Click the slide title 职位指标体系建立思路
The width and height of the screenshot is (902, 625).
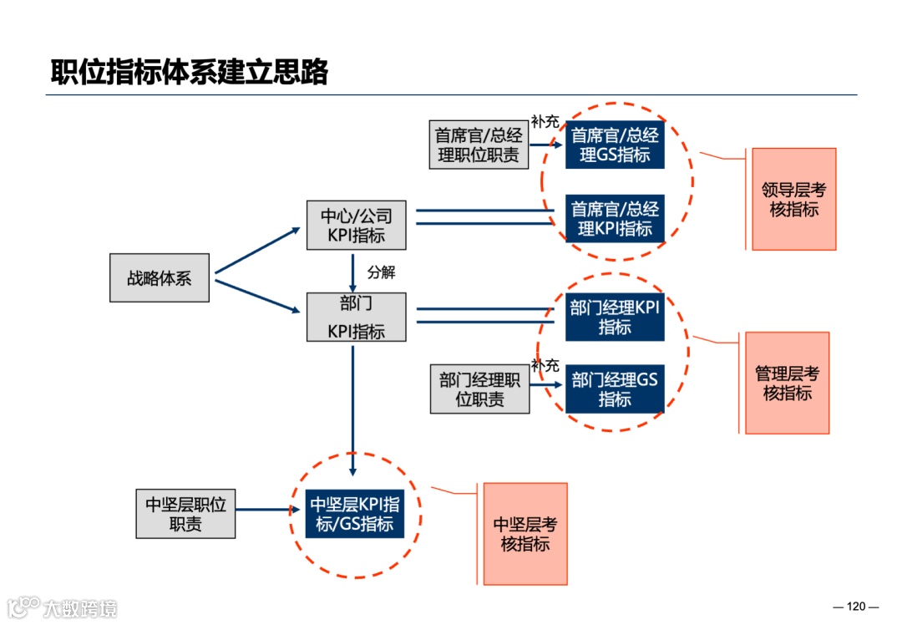[x=190, y=73]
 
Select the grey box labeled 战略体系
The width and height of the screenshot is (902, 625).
[x=160, y=277]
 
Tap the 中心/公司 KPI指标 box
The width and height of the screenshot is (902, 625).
[x=357, y=226]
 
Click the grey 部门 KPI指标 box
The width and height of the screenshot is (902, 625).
[x=357, y=317]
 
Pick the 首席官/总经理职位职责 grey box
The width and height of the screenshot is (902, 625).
[x=479, y=145]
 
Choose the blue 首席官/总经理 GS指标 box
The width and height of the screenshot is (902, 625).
[x=615, y=145]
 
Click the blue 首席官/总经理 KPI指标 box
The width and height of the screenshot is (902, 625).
[x=615, y=218]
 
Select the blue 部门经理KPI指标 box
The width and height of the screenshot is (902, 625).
[x=615, y=317]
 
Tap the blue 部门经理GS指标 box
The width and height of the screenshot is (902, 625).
[x=615, y=389]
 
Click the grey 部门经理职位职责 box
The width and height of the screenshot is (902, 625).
[x=480, y=389]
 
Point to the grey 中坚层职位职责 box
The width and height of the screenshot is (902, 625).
[x=186, y=514]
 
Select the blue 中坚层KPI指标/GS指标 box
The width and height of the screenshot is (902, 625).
[x=355, y=514]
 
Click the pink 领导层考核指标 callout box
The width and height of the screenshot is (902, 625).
[x=793, y=200]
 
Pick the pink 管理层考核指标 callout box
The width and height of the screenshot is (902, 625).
[x=787, y=383]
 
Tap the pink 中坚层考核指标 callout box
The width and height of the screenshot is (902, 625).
[x=525, y=534]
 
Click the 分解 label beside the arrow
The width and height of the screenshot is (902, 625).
[x=381, y=272]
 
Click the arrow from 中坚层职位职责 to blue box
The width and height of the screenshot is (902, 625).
[x=267, y=508]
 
